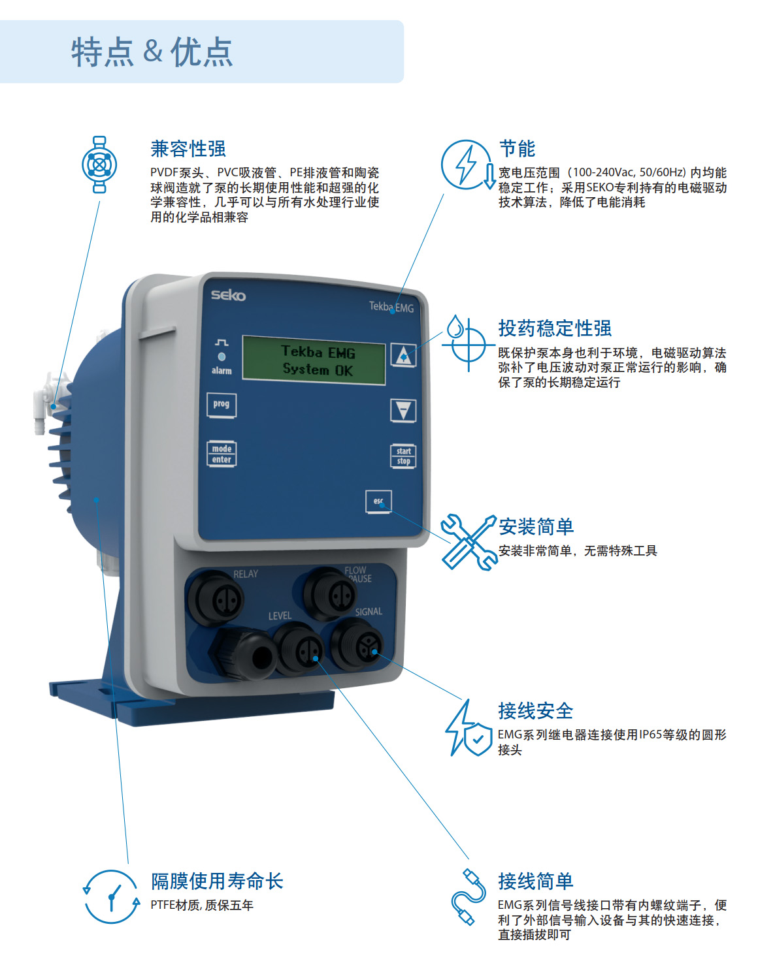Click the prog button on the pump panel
pos(221,405)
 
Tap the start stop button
pos(403,456)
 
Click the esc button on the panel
pos(378,501)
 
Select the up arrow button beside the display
pos(403,355)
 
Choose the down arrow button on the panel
pos(403,411)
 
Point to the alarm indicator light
pos(222,356)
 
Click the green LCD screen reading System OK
pos(314,360)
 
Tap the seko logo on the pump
pos(228,295)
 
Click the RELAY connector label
pos(246,574)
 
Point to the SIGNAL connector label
pos(368,612)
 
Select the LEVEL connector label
pos(280,616)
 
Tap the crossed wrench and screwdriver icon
pos(469,543)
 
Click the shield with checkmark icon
pos(478,739)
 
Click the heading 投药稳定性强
pos(555,328)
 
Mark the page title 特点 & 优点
pos(152,52)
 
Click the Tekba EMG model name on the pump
pos(391,307)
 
